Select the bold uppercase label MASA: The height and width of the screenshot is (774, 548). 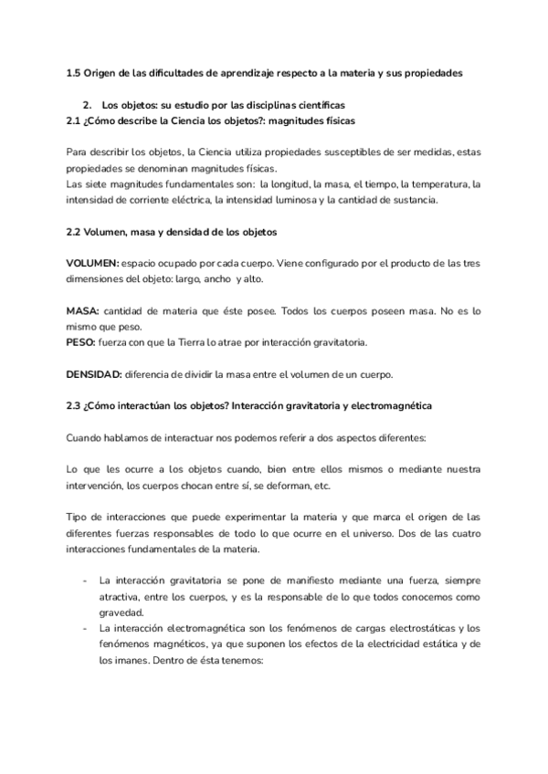click(x=82, y=311)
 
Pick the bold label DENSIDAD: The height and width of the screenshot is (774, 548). click(x=94, y=374)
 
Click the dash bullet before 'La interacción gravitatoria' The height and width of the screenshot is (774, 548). click(x=84, y=580)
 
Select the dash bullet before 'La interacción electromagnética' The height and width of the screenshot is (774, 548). click(x=84, y=629)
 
